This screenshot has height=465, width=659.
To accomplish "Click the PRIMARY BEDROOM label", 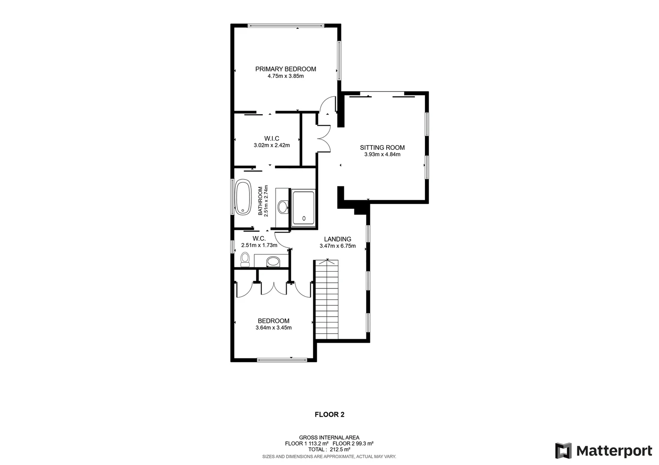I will (x=285, y=69).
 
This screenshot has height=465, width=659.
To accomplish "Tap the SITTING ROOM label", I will (x=382, y=148).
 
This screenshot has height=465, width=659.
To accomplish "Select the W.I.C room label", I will (x=272, y=138).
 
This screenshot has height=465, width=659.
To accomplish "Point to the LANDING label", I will (x=337, y=239).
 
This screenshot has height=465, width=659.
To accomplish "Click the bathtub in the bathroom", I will (x=243, y=197).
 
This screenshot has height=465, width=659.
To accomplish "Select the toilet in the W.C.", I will (x=245, y=260).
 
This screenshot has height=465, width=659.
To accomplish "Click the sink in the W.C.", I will (x=272, y=261).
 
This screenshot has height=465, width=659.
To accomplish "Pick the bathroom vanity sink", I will (x=283, y=207).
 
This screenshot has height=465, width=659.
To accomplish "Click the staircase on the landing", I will (x=327, y=300).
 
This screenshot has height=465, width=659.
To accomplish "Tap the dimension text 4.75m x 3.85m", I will (x=285, y=76).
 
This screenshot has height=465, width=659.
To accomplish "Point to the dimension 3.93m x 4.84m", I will (x=382, y=155).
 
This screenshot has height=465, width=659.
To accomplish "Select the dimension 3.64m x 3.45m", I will (x=273, y=328).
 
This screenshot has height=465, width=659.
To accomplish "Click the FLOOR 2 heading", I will (x=329, y=415).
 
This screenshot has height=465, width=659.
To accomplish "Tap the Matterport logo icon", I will (x=563, y=451).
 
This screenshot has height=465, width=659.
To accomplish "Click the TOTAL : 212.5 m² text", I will (x=329, y=449).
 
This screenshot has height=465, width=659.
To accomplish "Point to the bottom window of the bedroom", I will (x=282, y=359).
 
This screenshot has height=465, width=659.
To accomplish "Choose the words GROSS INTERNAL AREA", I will (x=329, y=437).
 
